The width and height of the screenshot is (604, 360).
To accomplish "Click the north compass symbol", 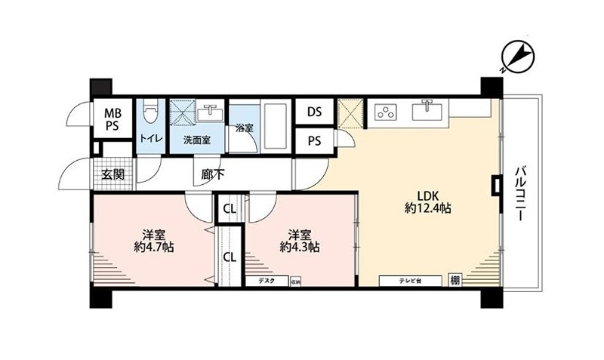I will pos(516,57).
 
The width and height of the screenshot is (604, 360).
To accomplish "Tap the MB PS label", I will pos(112,120).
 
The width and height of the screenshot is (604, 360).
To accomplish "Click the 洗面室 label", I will pos(197,140).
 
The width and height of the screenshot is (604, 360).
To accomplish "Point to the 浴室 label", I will pos(244,128).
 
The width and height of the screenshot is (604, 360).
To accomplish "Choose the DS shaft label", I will pos(315,112).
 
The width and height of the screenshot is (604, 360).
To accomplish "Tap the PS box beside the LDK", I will pos(315,141).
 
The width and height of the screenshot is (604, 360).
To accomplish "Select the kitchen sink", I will pos(428,111).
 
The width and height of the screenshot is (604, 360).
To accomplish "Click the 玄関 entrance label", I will pos(113,175).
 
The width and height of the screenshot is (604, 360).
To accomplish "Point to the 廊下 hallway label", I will pos(212,174).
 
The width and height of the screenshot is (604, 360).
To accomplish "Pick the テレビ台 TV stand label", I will pos(411,281).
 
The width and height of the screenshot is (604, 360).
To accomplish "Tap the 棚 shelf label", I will pos(455,281).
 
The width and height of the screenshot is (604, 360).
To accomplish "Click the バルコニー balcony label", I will pos(520,194).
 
